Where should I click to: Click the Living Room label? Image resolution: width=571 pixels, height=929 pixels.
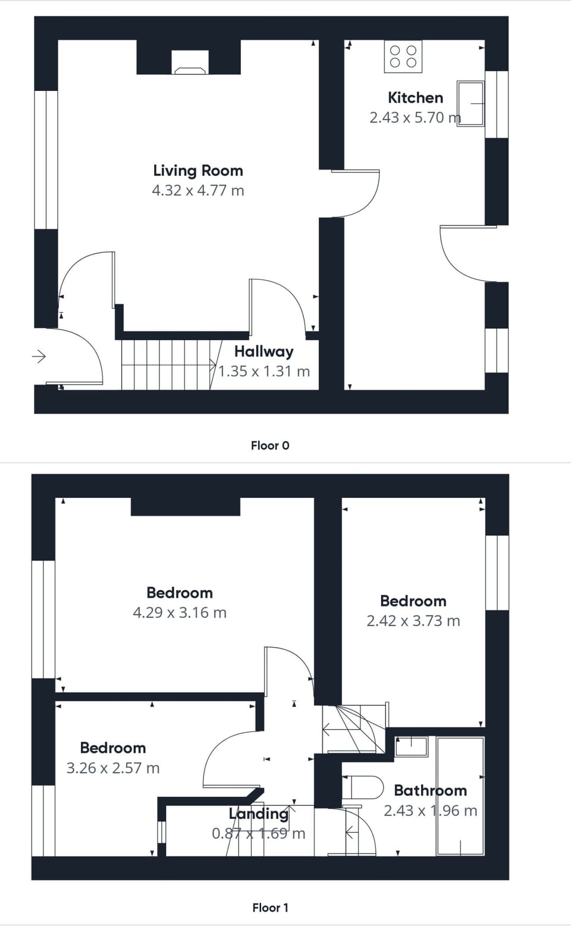tap(198, 171)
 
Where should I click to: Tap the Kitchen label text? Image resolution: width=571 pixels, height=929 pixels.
tap(415, 98)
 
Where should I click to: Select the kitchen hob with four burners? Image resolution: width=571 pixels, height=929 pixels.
tap(403, 57)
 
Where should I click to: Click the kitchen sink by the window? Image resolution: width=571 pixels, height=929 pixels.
tap(470, 103)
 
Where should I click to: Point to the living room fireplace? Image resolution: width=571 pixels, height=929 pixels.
tap(190, 62)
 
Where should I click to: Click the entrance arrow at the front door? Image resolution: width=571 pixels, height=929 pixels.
tap(39, 356)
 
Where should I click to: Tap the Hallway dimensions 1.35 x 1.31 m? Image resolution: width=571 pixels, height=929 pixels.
tap(264, 372)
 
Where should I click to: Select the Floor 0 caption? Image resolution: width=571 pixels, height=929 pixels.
tap(270, 445)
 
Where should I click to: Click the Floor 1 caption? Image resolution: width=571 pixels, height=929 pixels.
tap(270, 908)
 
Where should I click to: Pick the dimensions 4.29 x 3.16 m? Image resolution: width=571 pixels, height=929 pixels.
tap(180, 613)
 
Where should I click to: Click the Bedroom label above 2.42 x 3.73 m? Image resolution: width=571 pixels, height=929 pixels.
tap(413, 601)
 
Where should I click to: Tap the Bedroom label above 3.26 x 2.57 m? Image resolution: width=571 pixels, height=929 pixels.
tap(112, 748)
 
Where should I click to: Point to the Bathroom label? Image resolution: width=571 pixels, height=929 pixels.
tap(430, 790)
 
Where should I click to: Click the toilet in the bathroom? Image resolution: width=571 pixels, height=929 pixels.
tap(363, 787)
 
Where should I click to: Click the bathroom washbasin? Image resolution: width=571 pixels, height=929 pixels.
tap(411, 746)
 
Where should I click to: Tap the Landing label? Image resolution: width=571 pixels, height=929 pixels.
tap(258, 814)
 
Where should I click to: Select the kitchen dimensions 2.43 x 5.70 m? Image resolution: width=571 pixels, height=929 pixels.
tap(415, 118)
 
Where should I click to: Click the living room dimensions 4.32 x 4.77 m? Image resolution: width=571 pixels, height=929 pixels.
tap(198, 191)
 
